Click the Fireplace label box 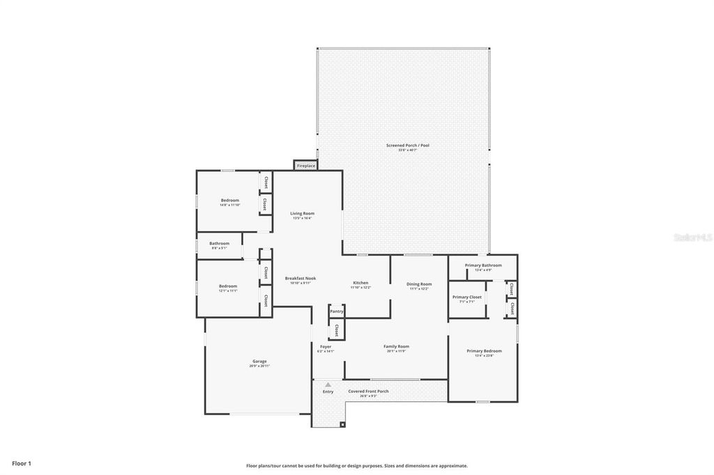pos(306,166)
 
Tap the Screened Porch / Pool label pos(407,146)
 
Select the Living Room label pos(302,213)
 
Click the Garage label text pos(259,361)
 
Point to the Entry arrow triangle pos(328,384)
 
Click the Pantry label pos(336,311)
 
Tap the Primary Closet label pos(466,297)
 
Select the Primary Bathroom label pos(483,265)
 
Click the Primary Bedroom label pos(484,351)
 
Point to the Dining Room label pos(419,284)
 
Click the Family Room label pos(396,346)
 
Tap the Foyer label pos(326,346)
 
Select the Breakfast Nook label pos(301,279)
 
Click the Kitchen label pos(360,283)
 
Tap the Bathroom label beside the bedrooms pos(219,244)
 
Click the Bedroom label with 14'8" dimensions pos(229,201)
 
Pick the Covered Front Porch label pos(368,391)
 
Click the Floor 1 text pos(21,463)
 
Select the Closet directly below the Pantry pos(336,330)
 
